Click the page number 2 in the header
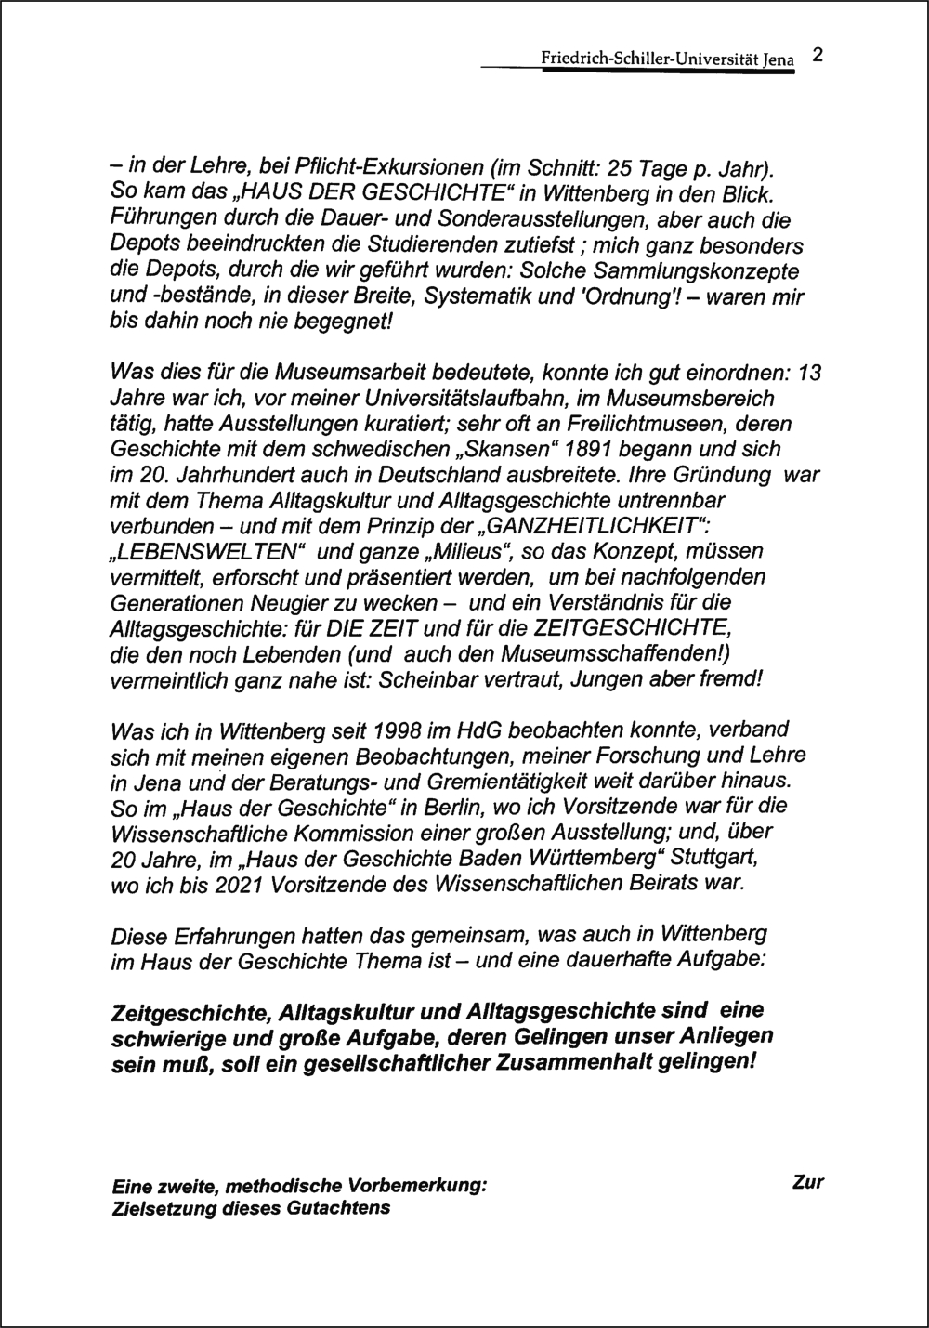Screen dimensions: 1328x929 [x=817, y=55]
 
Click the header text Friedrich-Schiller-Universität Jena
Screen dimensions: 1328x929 [x=667, y=60]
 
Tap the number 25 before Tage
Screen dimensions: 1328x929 [x=618, y=171]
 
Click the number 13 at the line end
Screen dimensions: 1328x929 [x=810, y=373]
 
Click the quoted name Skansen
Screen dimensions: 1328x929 [x=482, y=449]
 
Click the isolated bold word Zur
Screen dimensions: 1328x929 [x=808, y=1183]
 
